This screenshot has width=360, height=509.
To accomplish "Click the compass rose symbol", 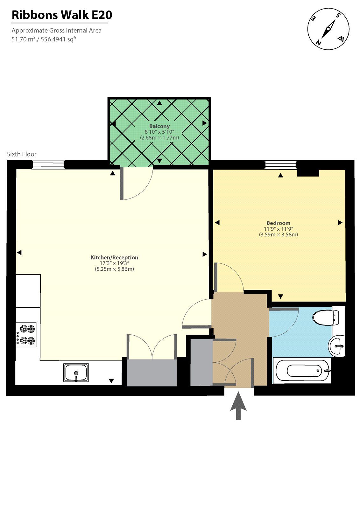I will coord(328,29).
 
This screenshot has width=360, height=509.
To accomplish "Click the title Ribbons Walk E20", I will coord(62,15).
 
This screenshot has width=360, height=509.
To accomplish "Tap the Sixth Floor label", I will coord(22,154).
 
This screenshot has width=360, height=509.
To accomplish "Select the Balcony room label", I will coord(159,126).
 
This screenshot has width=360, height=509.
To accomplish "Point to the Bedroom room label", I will coord(278,223).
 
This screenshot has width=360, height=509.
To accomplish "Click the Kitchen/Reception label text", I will coord(114,257).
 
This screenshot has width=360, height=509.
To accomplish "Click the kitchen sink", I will coord(76,373).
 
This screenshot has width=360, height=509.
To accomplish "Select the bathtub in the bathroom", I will coord(302,370).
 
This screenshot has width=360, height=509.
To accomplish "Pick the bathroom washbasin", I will coord(337,346).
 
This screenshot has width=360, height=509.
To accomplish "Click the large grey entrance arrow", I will coord(238,406).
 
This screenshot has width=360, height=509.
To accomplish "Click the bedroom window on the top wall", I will coord(280,164).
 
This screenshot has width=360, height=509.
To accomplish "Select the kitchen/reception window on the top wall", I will coord(48,164).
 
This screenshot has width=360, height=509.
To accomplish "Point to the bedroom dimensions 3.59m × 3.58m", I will coord(278,235).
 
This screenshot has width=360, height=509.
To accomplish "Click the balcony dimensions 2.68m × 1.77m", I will coord(159,138).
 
